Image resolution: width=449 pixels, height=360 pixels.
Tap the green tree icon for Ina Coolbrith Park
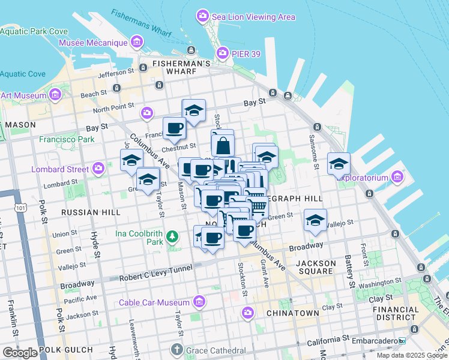tap(173, 236)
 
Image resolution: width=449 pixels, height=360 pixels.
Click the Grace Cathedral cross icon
tap(177, 349)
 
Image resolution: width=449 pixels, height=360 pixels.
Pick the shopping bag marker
tap(223, 145)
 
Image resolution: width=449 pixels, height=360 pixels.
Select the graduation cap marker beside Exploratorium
tap(339, 163)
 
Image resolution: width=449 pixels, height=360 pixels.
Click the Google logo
tap(20, 352)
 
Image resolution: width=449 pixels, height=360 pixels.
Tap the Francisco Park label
tap(67, 139)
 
